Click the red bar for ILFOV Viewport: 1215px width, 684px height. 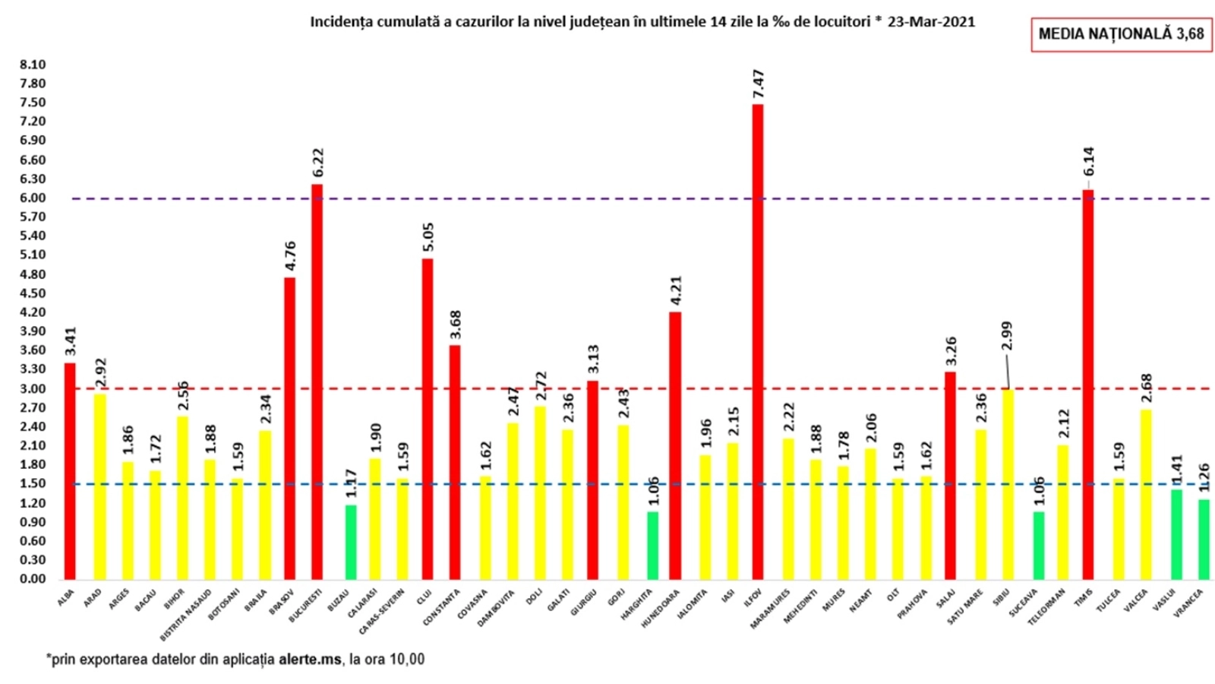coord(757,342)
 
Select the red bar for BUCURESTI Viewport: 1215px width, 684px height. coord(317,380)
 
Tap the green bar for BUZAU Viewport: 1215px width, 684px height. coord(351,541)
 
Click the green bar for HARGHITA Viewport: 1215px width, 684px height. coord(652,545)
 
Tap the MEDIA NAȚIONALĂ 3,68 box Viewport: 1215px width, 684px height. coord(1121,34)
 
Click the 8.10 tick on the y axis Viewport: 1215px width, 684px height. coord(33,65)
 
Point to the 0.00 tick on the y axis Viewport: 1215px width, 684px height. coord(33,579)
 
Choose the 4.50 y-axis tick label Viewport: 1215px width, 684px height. coord(33,293)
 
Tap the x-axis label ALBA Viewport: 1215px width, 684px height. coord(67,597)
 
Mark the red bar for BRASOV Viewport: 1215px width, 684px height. coord(289,427)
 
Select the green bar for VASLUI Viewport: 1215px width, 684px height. coord(1176,534)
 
